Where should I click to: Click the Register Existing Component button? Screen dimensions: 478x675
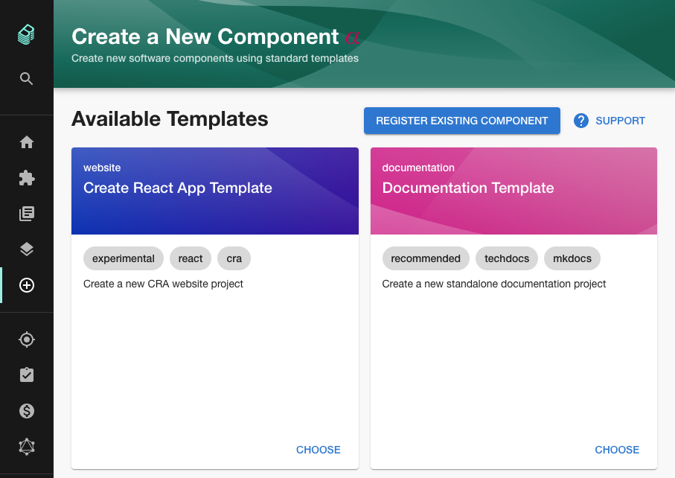click(x=461, y=121)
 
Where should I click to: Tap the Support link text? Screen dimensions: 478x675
click(x=620, y=121)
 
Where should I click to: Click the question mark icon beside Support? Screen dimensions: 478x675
click(x=581, y=121)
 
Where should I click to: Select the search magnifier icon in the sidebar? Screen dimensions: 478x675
click(x=27, y=79)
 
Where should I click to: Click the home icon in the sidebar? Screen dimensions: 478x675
click(x=27, y=142)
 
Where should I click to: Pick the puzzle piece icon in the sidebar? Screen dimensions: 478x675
click(x=27, y=178)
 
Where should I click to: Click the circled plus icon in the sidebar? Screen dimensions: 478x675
click(x=27, y=285)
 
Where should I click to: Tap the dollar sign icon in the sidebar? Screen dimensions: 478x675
click(x=27, y=411)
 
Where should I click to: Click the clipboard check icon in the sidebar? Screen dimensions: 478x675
click(x=27, y=375)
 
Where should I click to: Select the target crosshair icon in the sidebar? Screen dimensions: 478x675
click(x=27, y=340)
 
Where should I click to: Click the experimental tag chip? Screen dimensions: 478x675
click(x=124, y=258)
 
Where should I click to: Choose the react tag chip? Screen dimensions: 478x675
click(x=191, y=258)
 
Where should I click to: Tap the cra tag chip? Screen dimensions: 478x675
click(x=234, y=258)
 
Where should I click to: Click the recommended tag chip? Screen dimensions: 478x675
click(x=426, y=258)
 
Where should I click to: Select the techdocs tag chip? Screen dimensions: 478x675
click(x=507, y=258)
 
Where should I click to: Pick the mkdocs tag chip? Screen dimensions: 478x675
click(x=572, y=258)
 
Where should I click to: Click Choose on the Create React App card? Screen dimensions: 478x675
click(x=318, y=450)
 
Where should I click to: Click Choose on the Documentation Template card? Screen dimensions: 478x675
click(x=617, y=450)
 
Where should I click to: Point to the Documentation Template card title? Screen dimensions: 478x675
click(x=468, y=188)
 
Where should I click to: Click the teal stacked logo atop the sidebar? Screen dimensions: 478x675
click(x=27, y=34)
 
